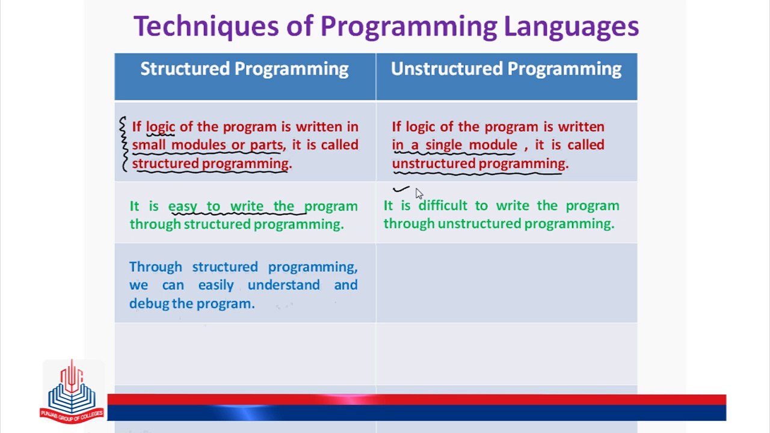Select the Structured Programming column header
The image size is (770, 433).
tap(244, 69)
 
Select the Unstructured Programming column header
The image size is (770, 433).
tap(506, 69)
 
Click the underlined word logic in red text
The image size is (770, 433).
tap(160, 127)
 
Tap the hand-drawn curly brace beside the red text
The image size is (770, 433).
tap(123, 144)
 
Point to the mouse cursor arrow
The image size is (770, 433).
tap(419, 193)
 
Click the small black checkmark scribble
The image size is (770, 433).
tap(401, 189)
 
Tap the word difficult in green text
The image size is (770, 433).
tap(443, 206)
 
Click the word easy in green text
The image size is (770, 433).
tap(182, 206)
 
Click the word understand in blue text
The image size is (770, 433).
tap(283, 285)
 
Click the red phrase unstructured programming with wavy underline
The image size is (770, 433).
tap(479, 164)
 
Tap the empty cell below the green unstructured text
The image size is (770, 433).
tap(506, 283)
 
